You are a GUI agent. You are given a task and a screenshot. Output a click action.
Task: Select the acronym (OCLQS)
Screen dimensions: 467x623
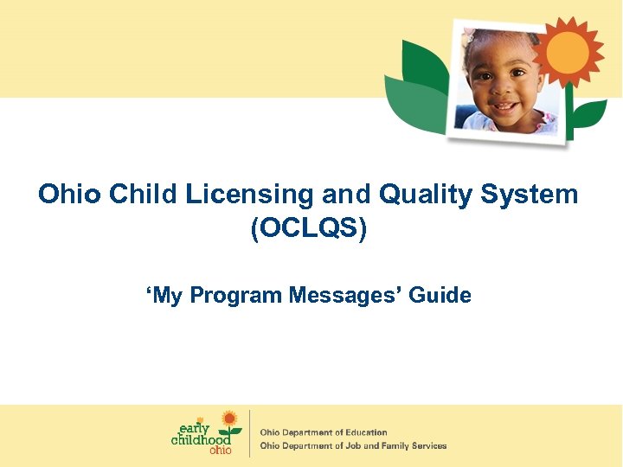click(309, 229)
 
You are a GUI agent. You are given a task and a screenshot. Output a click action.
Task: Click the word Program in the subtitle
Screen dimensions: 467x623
click(236, 296)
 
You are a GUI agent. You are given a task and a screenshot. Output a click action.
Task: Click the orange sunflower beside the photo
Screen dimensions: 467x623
click(568, 51)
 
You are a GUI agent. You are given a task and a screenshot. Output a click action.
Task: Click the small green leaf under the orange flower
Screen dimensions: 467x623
click(588, 112)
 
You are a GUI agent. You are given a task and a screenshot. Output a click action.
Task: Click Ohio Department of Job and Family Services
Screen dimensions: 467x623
click(354, 446)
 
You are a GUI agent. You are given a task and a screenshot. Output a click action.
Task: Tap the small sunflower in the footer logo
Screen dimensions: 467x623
click(228, 420)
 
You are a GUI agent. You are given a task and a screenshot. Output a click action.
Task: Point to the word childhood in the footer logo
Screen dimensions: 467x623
click(201, 439)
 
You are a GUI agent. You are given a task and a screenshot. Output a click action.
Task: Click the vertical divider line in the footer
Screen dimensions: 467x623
click(250, 433)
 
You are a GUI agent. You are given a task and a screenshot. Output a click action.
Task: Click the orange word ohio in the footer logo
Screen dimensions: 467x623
click(221, 451)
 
